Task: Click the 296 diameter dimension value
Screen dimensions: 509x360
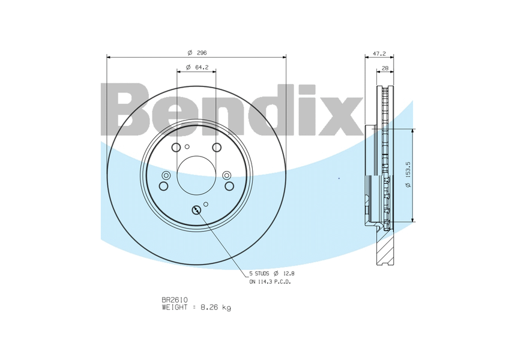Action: [x=202, y=53]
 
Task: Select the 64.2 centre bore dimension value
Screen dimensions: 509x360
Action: [x=201, y=67]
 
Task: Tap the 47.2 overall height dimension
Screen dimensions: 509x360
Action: [x=379, y=53]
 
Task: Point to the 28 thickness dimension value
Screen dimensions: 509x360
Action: [x=385, y=68]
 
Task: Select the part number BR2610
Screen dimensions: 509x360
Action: [x=175, y=300]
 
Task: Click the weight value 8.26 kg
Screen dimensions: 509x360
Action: [x=216, y=307]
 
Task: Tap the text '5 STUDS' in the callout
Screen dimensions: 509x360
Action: [x=259, y=274]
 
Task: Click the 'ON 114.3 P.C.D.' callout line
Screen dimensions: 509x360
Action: [x=270, y=282]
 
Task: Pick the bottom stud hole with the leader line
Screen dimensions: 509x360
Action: [x=197, y=211]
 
